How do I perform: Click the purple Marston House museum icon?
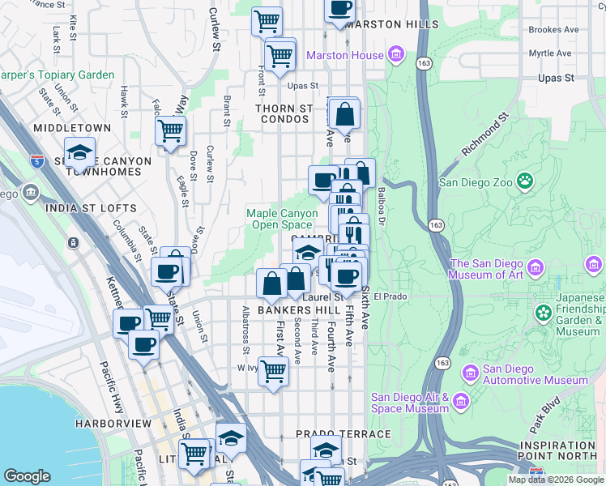pyautogui.click(x=396, y=55)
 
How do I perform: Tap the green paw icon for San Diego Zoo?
pyautogui.click(x=526, y=181)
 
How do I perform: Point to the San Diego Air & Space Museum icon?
pyautogui.click(x=461, y=402)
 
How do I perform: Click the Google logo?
pyautogui.click(x=28, y=476)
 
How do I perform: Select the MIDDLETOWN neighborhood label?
pyautogui.click(x=72, y=128)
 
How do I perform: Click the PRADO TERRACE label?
pyautogui.click(x=344, y=435)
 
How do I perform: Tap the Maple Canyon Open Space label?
pyautogui.click(x=280, y=219)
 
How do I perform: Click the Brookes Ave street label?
pyautogui.click(x=553, y=29)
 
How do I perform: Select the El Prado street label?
pyautogui.click(x=388, y=296)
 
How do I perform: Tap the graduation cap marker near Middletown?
pyautogui.click(x=80, y=151)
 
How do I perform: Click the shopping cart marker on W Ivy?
pyautogui.click(x=274, y=371)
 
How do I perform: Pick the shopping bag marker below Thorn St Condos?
pyautogui.click(x=345, y=114)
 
